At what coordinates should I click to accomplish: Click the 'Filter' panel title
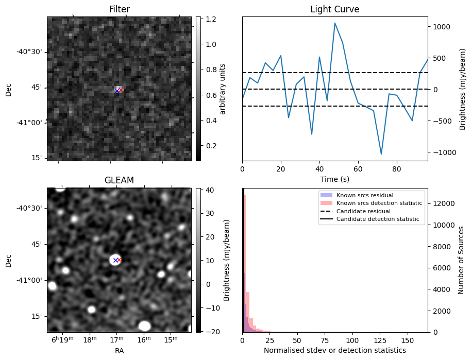119,9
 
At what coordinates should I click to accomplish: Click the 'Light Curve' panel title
334,9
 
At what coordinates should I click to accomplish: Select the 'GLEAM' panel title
119,180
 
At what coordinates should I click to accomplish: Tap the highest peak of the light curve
335,23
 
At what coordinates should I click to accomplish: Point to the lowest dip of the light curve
381,154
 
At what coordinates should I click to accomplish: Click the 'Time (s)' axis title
334,179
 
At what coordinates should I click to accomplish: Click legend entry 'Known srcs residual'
364,196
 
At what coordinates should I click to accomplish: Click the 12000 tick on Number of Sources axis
442,203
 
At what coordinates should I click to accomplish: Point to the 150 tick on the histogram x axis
408,340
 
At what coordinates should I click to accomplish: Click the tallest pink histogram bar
244,263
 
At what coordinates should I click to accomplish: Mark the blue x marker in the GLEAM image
115,260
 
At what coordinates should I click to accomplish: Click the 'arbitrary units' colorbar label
223,89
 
